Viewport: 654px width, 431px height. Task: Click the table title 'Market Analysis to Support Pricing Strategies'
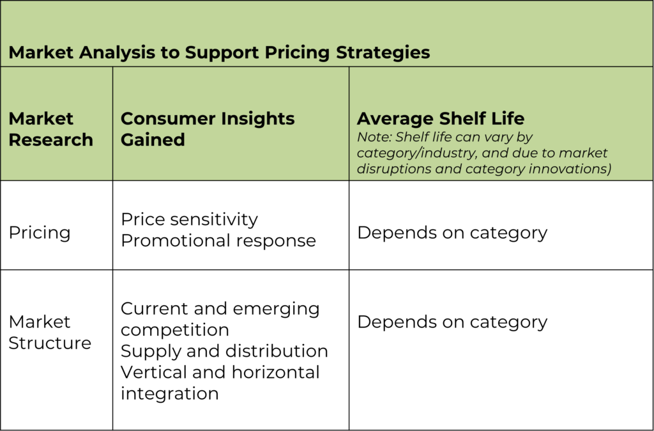(220, 52)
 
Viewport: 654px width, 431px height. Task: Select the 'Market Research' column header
(51, 129)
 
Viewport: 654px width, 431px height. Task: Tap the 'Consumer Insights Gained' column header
(208, 129)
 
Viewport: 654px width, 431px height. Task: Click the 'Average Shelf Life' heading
(441, 119)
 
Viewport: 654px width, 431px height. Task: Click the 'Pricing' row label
(40, 233)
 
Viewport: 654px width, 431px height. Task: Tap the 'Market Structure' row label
(50, 333)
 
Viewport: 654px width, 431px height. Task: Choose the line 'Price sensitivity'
(189, 220)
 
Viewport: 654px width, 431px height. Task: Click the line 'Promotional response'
(218, 241)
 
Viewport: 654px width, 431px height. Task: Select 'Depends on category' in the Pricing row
(452, 233)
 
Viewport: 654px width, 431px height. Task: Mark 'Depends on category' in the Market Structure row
(452, 322)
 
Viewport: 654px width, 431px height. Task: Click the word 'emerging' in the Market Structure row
(276, 310)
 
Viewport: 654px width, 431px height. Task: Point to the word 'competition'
(175, 331)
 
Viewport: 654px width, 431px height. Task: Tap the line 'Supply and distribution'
(224, 351)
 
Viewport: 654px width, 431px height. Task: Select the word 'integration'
(170, 394)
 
